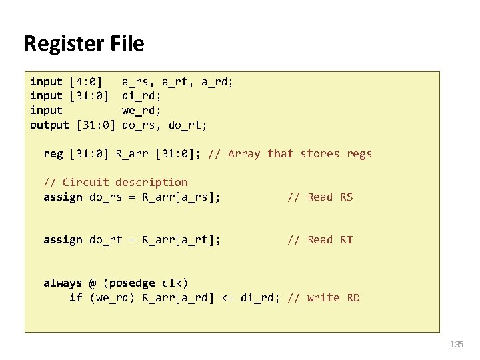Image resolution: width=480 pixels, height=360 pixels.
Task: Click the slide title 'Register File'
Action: pyautogui.click(x=83, y=44)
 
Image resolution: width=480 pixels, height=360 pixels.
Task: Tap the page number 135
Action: pyautogui.click(x=457, y=345)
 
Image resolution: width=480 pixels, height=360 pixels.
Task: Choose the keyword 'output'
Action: pyautogui.click(x=49, y=125)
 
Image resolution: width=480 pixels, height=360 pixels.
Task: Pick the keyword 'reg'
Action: pyautogui.click(x=53, y=154)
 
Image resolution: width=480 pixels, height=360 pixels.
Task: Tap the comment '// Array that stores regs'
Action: pyautogui.click(x=290, y=154)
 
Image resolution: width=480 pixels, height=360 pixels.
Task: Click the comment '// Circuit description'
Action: pyautogui.click(x=115, y=183)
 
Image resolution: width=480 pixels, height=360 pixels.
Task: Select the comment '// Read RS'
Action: pyautogui.click(x=320, y=197)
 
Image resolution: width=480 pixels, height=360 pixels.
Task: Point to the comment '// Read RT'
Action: pyautogui.click(x=320, y=240)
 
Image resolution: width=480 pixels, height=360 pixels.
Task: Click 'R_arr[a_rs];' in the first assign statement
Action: pyautogui.click(x=182, y=197)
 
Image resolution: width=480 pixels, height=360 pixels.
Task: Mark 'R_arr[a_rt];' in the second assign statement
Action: pyautogui.click(x=182, y=240)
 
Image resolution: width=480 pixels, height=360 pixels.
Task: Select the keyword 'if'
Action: pyautogui.click(x=75, y=298)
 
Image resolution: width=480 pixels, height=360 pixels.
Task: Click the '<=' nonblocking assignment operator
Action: pyautogui.click(x=227, y=298)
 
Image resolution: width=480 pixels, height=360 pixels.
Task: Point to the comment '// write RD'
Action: pyautogui.click(x=323, y=298)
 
